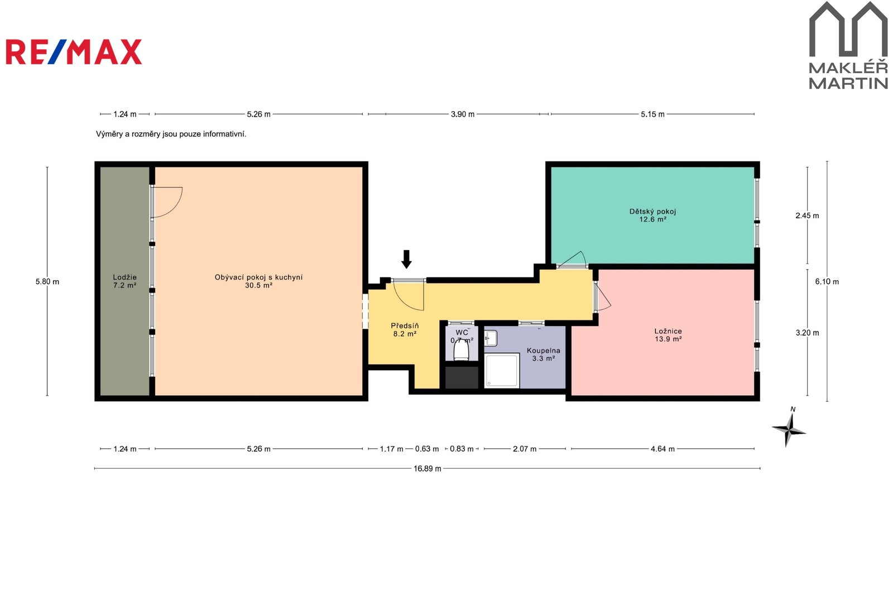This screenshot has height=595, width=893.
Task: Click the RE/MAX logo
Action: tap(74, 52)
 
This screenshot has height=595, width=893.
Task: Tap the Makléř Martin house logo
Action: tap(848, 45)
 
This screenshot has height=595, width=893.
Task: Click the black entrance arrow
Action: tap(406, 259)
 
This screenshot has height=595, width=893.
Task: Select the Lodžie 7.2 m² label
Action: tap(125, 281)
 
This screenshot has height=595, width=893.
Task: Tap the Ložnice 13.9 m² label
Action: tap(668, 335)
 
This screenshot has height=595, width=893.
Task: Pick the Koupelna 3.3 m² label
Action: tap(544, 354)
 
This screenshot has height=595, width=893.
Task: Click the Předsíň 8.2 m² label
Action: tap(405, 330)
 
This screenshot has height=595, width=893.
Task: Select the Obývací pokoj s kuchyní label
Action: tap(259, 277)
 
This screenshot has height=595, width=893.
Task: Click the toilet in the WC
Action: tap(462, 350)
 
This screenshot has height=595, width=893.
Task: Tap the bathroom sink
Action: tap(491, 338)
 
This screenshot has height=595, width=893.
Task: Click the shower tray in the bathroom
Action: tap(502, 371)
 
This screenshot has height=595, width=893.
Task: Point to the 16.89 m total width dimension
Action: tap(428, 469)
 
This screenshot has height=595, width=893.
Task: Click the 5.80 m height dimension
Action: tap(47, 281)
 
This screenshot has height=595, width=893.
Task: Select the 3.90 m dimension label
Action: tap(463, 114)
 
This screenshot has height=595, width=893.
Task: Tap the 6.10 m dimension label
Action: tap(827, 281)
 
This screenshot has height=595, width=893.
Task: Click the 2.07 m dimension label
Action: tap(525, 449)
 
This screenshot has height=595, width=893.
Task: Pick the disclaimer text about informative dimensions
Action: tap(171, 134)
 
